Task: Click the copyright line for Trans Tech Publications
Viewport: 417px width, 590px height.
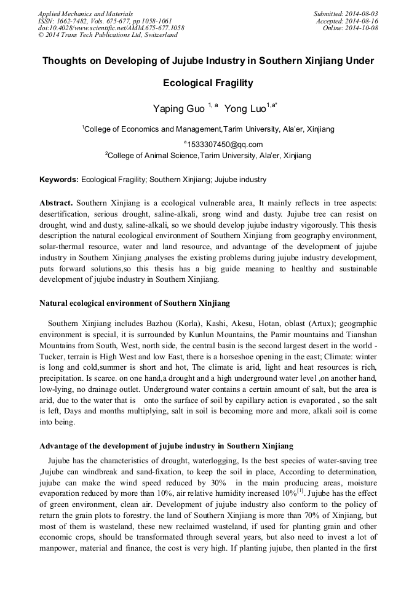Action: (108, 35)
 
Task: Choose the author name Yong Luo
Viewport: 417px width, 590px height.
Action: (245, 109)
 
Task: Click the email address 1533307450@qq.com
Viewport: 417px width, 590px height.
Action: (221, 145)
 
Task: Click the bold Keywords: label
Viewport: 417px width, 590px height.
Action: (59, 180)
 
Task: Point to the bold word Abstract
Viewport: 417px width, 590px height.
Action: (56, 202)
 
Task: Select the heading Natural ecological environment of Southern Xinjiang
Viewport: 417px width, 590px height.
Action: (135, 303)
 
